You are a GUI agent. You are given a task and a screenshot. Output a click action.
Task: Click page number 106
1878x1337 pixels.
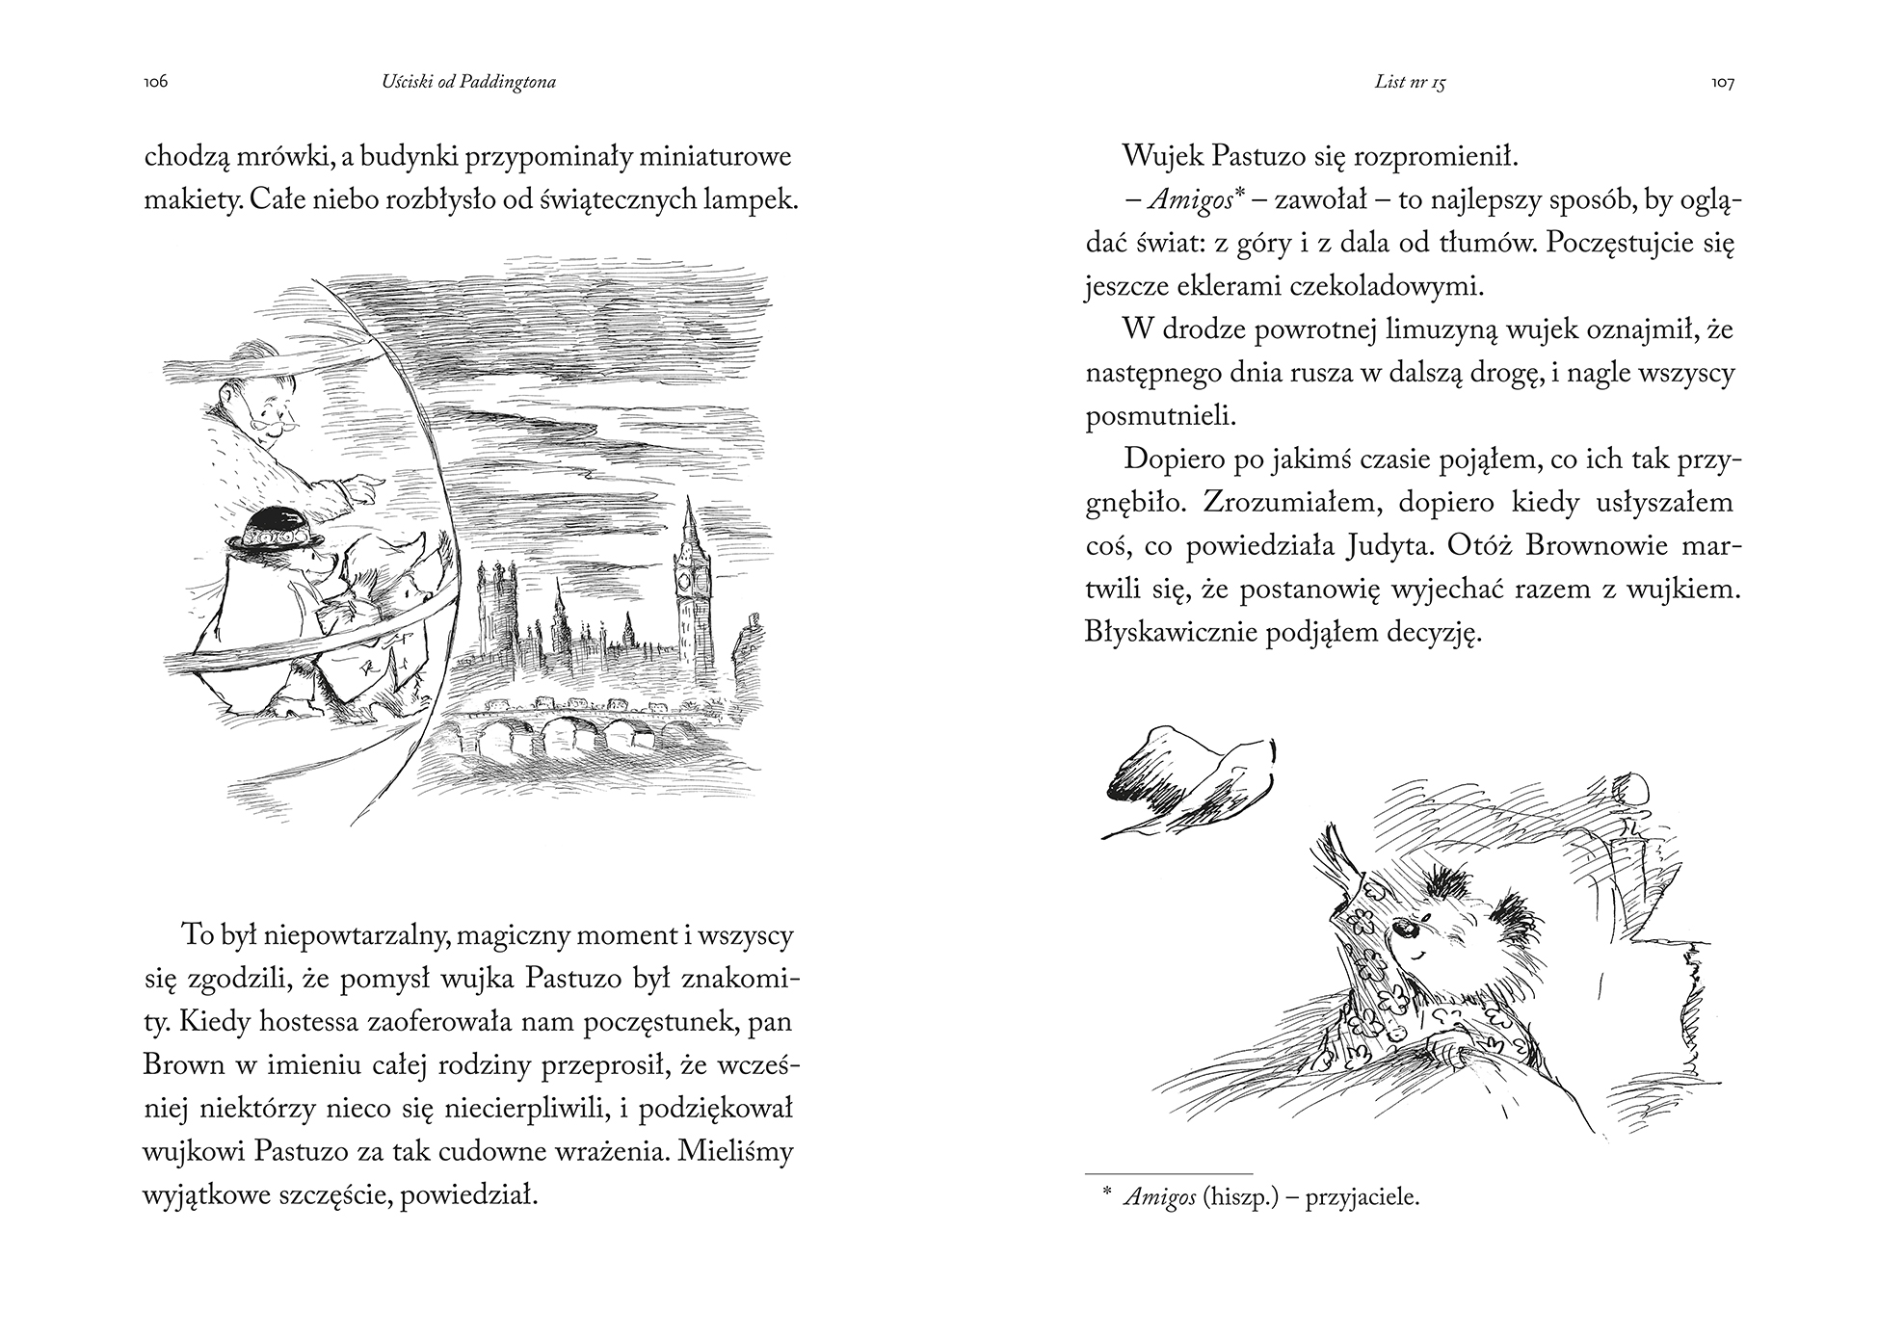(x=156, y=83)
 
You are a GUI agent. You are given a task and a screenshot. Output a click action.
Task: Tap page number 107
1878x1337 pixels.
(x=1722, y=83)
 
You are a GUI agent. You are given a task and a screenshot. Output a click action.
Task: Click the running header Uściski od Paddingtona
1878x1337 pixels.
(x=468, y=83)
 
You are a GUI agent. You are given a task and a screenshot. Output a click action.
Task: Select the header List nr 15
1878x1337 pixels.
(x=1410, y=83)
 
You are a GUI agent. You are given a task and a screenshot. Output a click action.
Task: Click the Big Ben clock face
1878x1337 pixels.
(x=685, y=581)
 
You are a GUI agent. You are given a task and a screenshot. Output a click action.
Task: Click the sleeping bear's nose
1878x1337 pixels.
(x=1408, y=931)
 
